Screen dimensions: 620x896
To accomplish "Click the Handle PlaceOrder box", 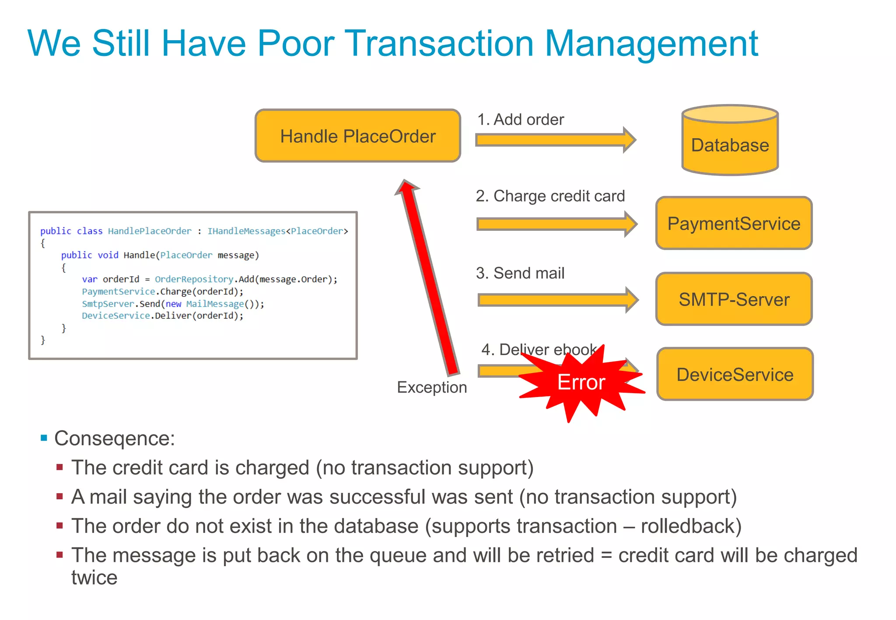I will pos(357,136).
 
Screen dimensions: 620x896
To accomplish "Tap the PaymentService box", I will pos(734,223).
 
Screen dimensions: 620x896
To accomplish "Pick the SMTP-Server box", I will pos(734,300).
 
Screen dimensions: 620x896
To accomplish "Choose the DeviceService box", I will pos(735,375).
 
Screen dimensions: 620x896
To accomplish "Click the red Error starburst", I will pos(581,383).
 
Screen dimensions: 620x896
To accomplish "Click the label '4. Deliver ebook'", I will pos(539,349).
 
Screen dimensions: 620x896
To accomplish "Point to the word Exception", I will pos(431,387).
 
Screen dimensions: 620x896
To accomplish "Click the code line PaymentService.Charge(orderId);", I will pos(162,292).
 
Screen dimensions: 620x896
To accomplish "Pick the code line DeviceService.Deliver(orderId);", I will pos(162,316).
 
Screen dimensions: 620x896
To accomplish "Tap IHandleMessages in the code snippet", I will pos(246,231).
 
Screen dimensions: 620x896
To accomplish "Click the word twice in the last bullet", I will pos(94,578).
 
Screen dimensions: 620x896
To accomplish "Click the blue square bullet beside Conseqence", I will pos(44,438).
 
